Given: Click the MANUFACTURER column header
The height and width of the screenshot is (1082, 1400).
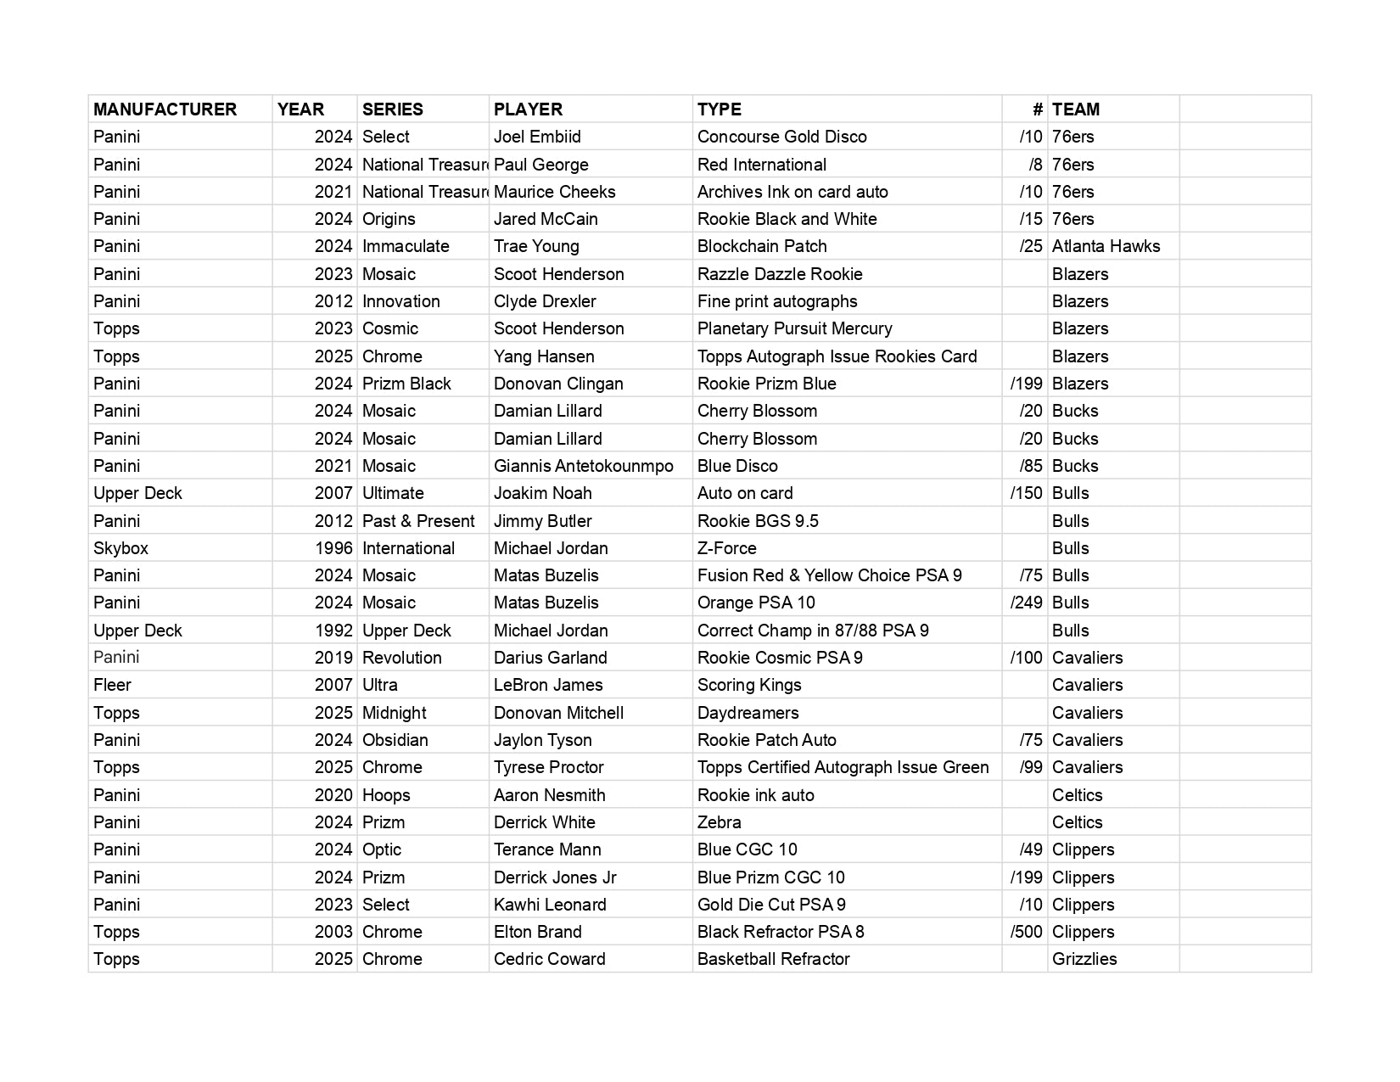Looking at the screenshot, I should [x=165, y=109].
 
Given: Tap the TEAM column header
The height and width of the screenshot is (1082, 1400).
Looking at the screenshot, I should [x=1075, y=109].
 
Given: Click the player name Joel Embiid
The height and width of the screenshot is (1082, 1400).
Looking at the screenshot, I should [x=537, y=137].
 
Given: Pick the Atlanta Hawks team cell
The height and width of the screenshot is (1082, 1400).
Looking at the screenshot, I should [x=1106, y=246].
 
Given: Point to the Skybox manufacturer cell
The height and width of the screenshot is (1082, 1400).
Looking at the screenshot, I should [x=120, y=548].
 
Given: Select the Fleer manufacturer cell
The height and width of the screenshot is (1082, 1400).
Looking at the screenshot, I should [x=112, y=685].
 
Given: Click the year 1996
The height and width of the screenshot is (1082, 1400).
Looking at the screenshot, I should [x=333, y=548].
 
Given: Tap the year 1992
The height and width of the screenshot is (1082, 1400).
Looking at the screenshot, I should [x=333, y=631].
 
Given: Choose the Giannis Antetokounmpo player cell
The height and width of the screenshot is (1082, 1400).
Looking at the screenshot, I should [x=583, y=466].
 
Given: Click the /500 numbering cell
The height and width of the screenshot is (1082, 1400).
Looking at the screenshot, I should [x=1026, y=932].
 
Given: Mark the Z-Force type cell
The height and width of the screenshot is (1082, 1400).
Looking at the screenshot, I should [x=726, y=548].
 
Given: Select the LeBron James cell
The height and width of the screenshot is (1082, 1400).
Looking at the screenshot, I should [x=548, y=685].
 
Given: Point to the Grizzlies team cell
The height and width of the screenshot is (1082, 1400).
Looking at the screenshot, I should [x=1084, y=959].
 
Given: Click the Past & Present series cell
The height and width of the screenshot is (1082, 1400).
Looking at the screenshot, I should [x=418, y=521].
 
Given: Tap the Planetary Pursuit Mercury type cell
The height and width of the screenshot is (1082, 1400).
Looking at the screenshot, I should [x=794, y=328].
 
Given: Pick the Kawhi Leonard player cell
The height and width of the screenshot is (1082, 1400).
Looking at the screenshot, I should [x=550, y=905].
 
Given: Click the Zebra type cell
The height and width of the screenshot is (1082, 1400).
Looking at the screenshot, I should [x=719, y=822].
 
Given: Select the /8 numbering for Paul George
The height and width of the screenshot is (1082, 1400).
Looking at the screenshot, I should [x=1034, y=165].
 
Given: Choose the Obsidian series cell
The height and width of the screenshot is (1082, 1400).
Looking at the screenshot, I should [x=395, y=740].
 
